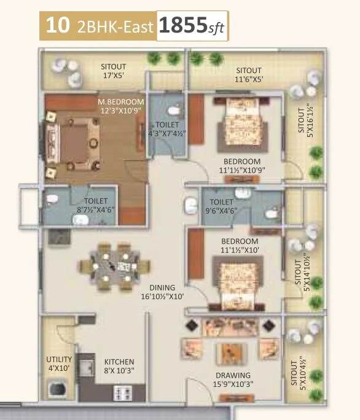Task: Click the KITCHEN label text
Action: tap(119, 362)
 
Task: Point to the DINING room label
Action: tap(162, 287)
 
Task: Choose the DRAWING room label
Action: tap(232, 375)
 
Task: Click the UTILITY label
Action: tap(59, 360)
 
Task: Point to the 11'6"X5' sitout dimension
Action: tap(248, 79)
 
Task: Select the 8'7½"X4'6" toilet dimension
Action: tap(96, 209)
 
